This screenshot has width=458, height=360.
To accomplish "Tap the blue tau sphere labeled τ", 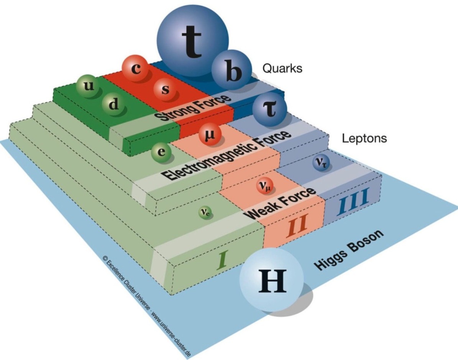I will (269, 111).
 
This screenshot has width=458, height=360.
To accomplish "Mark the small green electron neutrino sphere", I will (204, 212).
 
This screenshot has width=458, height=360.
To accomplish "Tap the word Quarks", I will (282, 69).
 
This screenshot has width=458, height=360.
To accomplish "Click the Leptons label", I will (364, 138).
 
